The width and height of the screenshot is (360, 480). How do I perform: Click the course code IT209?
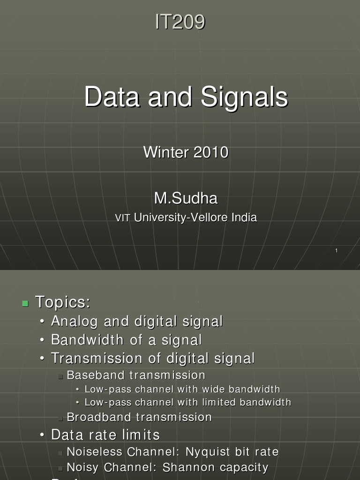pyautogui.click(x=180, y=22)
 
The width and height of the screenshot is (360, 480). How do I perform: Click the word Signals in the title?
pyautogui.click(x=244, y=97)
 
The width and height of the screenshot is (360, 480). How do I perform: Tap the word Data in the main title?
pyautogui.click(x=112, y=97)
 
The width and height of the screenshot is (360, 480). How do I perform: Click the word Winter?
pyautogui.click(x=164, y=152)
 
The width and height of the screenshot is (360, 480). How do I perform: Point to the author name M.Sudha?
pyautogui.click(x=186, y=198)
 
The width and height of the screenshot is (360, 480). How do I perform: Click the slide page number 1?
pyautogui.click(x=336, y=251)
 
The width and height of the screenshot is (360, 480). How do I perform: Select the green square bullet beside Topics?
pyautogui.click(x=25, y=303)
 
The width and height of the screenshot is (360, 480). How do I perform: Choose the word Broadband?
pyautogui.click(x=99, y=417)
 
